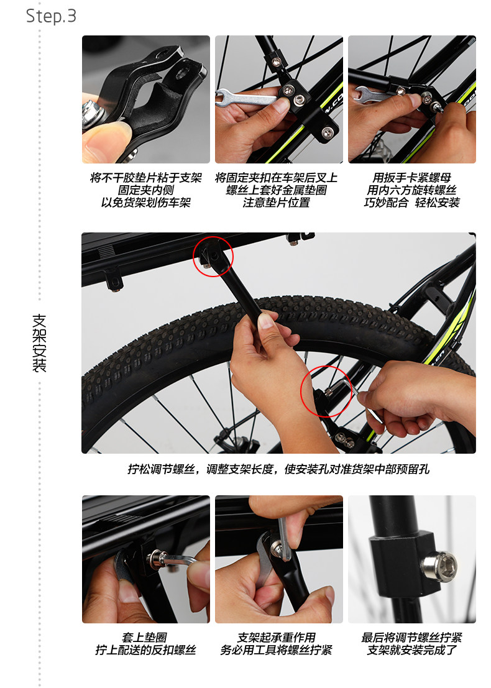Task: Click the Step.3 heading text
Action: pyautogui.click(x=51, y=16)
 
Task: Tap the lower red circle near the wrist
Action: pyautogui.click(x=326, y=394)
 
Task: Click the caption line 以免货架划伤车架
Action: pyautogui.click(x=146, y=203)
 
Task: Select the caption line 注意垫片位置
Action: pyautogui.click(x=278, y=203)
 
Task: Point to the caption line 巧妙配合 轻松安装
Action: pyautogui.click(x=411, y=203)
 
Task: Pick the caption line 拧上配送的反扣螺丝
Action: pyautogui.click(x=145, y=650)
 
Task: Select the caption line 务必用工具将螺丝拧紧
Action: pyautogui.click(x=278, y=650)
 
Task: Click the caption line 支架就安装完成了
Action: pyautogui.click(x=411, y=650)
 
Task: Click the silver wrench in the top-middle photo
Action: pyautogui.click(x=242, y=98)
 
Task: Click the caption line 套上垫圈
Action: pyautogui.click(x=145, y=638)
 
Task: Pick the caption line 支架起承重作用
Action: pyautogui.click(x=278, y=638)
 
